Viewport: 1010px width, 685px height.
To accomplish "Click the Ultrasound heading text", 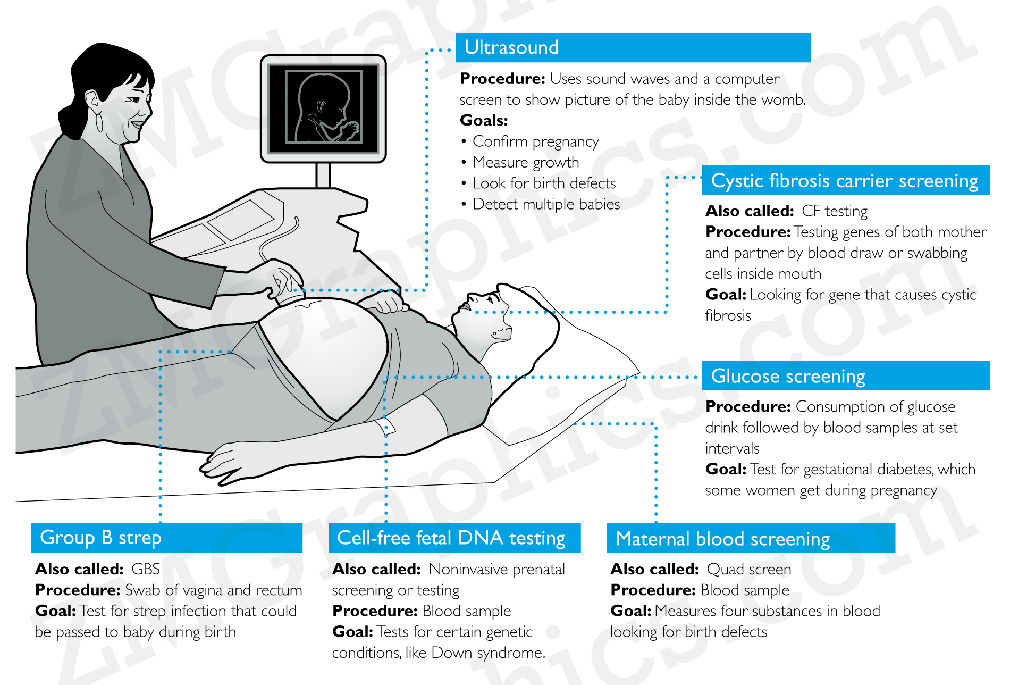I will (511, 47).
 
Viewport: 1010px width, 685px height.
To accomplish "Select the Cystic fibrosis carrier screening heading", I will (844, 181).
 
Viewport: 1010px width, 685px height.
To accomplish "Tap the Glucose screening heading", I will (788, 376).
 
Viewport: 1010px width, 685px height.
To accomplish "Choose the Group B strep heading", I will (100, 538).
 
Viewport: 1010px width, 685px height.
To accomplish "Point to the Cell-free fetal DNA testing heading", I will (451, 538).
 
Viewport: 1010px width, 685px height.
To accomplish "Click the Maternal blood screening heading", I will (722, 539).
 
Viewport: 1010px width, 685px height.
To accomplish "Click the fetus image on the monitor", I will (324, 108).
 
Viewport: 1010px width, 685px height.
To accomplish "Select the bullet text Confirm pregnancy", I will (535, 141).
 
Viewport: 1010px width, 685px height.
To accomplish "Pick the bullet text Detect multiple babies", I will (546, 204).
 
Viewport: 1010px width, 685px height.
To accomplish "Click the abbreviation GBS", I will (145, 569).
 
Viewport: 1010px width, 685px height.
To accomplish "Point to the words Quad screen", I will (748, 569).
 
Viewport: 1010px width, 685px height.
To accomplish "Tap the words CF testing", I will (834, 211).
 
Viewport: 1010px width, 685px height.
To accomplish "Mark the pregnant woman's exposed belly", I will (330, 351).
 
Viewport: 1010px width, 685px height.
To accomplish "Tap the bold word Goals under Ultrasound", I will (483, 120).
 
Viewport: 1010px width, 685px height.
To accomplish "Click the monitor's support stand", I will (323, 175).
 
